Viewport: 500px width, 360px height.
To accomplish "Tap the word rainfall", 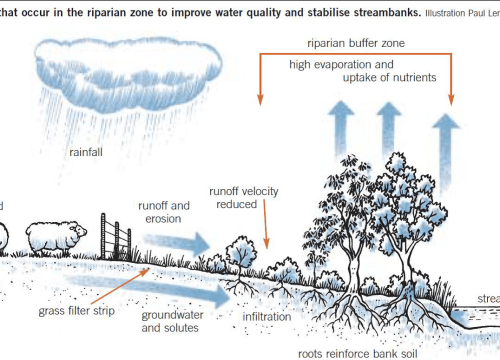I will click(92, 153).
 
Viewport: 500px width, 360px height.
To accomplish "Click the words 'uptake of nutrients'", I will click(380, 78).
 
